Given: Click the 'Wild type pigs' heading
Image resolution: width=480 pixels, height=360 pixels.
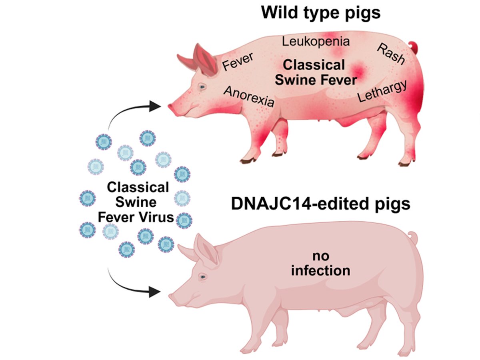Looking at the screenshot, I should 320,13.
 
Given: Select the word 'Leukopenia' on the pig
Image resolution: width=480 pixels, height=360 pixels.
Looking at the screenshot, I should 316,41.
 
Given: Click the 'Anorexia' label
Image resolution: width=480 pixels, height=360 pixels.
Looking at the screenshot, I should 249,96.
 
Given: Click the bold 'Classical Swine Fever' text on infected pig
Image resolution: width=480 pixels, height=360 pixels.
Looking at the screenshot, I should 320,72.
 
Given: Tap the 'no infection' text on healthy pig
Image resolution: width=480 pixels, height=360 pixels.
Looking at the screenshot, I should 320,264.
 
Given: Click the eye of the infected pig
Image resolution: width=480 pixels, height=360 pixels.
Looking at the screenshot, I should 203,87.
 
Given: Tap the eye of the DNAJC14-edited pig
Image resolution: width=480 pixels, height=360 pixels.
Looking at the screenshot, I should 203,277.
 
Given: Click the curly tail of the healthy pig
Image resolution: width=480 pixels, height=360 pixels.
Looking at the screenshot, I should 412,238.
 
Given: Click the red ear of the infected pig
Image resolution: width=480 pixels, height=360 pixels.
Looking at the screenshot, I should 204,60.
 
